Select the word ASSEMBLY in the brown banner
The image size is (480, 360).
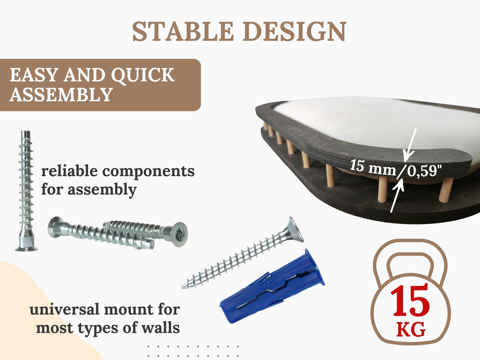pyautogui.click(x=60, y=95)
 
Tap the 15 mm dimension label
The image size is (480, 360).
pyautogui.click(x=372, y=167)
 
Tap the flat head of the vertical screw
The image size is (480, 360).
pyautogui.click(x=26, y=248)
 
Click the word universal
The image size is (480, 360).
pyautogui.click(x=63, y=309)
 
